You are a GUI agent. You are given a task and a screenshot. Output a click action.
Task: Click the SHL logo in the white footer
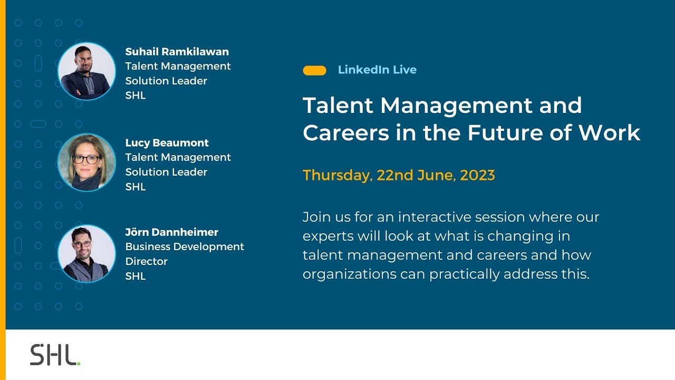point(55,355)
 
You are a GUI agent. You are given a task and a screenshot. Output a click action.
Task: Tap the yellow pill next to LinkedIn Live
point(314,70)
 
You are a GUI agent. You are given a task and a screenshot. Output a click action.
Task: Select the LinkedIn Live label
point(377,70)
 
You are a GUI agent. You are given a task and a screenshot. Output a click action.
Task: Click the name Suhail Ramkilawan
point(177,52)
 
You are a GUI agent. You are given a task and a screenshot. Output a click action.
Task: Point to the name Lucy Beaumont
point(167,143)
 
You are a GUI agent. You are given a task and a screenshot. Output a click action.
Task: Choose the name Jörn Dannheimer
point(171,232)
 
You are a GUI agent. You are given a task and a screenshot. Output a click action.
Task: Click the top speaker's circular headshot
point(86,71)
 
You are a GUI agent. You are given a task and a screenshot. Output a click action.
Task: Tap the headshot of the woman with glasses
point(86,162)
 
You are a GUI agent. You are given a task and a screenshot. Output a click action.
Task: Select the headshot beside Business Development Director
point(86,253)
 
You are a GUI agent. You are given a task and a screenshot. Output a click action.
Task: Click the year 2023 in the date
point(477,175)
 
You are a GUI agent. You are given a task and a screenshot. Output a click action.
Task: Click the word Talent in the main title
point(337,106)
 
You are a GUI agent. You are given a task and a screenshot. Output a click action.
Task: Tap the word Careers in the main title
point(344,133)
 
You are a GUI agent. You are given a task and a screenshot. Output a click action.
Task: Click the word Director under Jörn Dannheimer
point(146,262)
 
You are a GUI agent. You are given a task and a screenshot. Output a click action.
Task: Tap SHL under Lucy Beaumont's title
point(136,187)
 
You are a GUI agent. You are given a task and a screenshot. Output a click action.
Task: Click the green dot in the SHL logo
point(79,364)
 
